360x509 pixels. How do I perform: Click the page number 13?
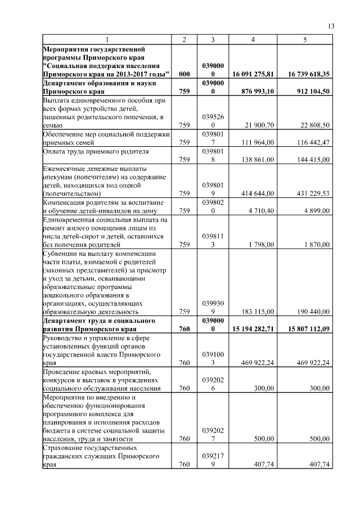[331, 26]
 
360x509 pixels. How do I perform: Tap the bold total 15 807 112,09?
[304, 329]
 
